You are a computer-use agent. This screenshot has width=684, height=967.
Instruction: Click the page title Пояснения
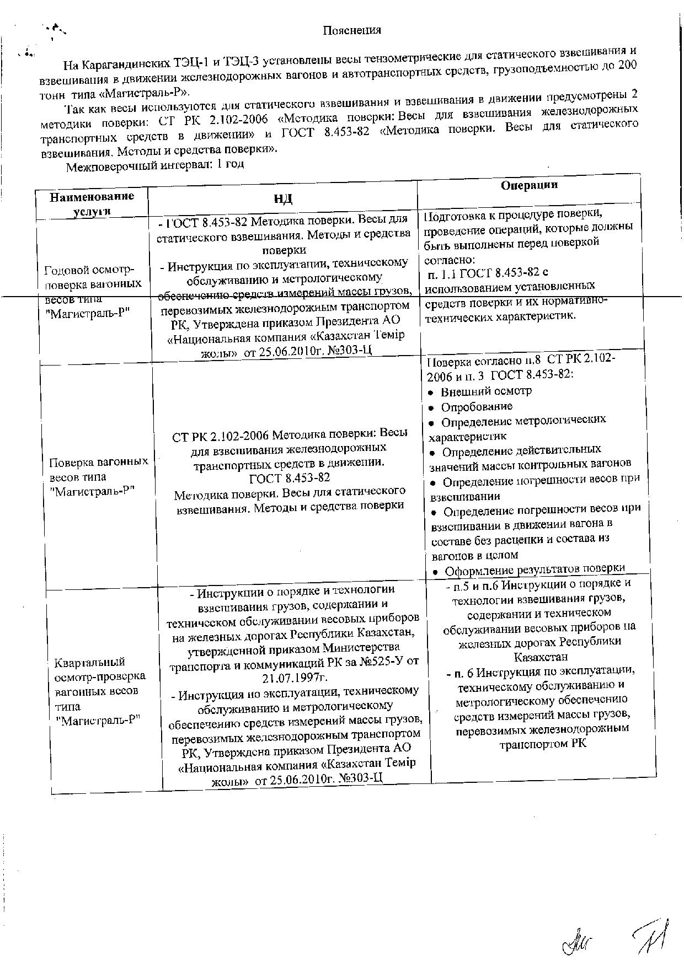click(x=352, y=30)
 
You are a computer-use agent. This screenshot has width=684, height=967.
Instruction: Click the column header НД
click(x=282, y=199)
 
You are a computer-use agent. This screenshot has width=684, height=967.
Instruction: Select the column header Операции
click(x=528, y=185)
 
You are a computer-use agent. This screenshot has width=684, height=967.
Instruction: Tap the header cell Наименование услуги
click(x=92, y=203)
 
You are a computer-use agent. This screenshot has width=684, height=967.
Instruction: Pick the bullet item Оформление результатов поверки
click(x=534, y=570)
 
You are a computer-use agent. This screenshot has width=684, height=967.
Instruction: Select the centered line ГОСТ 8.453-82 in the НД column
click(x=290, y=477)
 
